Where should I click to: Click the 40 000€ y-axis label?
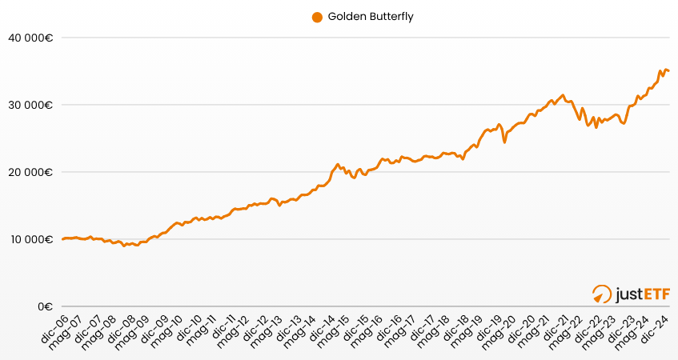click(31, 37)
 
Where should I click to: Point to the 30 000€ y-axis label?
click(31, 105)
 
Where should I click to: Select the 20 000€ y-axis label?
click(31, 172)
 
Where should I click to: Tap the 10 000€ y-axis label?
click(31, 239)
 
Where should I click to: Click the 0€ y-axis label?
click(45, 306)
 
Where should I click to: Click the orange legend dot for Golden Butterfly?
click(317, 17)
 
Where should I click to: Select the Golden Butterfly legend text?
click(371, 17)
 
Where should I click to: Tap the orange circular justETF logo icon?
click(601, 294)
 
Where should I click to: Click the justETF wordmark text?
click(642, 295)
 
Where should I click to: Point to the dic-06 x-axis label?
click(54, 329)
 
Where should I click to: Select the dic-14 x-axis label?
click(323, 329)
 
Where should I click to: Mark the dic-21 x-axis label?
click(560, 329)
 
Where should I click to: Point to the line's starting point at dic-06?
click(62, 239)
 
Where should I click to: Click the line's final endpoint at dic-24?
click(669, 71)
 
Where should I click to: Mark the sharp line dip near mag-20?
click(504, 142)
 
